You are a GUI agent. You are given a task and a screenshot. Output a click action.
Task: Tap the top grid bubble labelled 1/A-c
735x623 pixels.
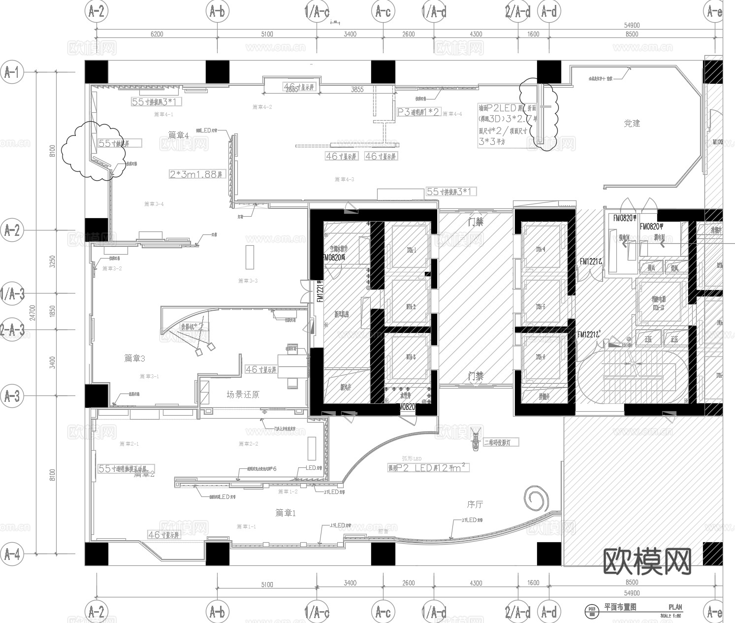point(317,12)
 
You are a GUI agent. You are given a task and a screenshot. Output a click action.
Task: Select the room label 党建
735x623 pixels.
point(632,123)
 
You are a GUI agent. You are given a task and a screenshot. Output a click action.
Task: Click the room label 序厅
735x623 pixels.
point(475,504)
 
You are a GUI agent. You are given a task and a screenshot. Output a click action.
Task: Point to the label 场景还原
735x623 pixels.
point(243,394)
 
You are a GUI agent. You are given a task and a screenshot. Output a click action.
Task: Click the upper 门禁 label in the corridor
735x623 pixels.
point(476,222)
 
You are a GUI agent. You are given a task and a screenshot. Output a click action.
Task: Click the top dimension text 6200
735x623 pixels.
point(157,34)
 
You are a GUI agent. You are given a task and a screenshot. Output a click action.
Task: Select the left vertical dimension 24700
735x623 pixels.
point(32,313)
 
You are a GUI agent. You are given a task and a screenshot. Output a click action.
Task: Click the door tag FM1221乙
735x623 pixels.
point(591,262)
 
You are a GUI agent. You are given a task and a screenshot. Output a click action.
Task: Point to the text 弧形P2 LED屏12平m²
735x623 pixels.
point(427,468)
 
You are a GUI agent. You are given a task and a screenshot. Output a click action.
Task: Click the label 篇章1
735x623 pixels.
point(286,513)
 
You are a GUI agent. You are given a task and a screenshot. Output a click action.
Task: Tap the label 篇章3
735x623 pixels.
point(134,359)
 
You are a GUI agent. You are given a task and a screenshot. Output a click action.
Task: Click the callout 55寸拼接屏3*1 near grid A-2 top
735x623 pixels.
point(157,102)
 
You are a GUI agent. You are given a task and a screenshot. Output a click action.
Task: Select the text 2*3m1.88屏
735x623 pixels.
point(196,174)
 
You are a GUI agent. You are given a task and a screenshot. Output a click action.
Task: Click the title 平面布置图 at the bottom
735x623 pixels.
point(620,607)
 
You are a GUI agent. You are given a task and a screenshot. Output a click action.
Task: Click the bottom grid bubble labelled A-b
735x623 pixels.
point(217,612)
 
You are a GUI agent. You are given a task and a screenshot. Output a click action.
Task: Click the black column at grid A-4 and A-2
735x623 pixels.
point(96,554)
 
